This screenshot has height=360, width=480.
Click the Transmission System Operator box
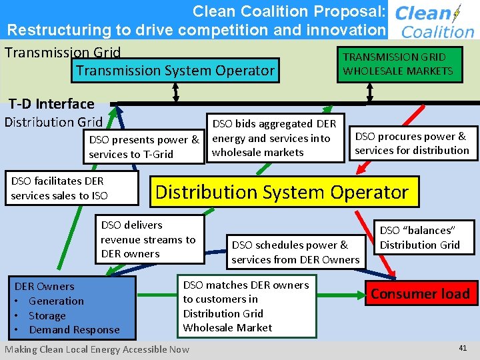(x=175, y=71)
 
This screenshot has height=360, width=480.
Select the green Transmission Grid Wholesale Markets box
(x=398, y=64)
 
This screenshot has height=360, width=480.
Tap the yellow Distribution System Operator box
(x=281, y=192)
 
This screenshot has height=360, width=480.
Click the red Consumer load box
(x=420, y=293)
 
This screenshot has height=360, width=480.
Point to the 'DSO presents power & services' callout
(x=144, y=147)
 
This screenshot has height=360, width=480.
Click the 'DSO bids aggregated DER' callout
(x=275, y=138)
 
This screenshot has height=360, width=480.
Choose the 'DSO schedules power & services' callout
(x=295, y=252)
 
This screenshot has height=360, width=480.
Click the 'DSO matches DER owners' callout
(x=247, y=306)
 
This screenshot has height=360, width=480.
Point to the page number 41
(x=463, y=348)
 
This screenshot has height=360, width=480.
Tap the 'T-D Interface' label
(x=51, y=104)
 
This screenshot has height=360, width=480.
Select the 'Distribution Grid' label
(x=53, y=122)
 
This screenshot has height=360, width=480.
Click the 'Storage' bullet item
(x=47, y=315)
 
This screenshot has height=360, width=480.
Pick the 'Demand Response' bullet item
(x=74, y=329)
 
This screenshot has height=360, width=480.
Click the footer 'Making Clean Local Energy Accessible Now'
(x=97, y=349)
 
